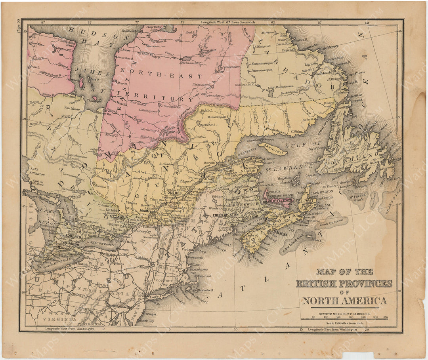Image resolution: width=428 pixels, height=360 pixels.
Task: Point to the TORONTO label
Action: [72, 236]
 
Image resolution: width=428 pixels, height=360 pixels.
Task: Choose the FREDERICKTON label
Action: [225, 214]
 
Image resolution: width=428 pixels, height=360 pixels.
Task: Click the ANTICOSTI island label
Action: [273, 149]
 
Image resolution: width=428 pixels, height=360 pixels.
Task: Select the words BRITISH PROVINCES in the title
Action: [344, 284]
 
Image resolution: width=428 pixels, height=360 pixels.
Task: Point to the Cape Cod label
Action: [204, 276]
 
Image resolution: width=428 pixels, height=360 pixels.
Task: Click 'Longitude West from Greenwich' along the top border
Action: [228, 22]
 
